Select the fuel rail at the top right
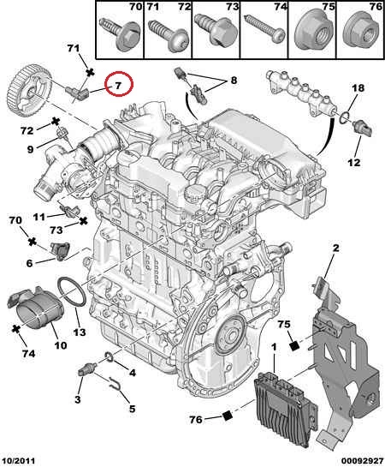pyautogui.click(x=301, y=93)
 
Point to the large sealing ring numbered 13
pyautogui.click(x=71, y=291)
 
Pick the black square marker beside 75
pyautogui.click(x=294, y=345)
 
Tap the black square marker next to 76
pyautogui.click(x=227, y=416)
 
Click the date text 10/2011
pyautogui.click(x=18, y=461)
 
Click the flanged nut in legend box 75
pyautogui.click(x=314, y=31)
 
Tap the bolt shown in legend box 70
pyautogui.click(x=121, y=33)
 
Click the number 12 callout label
pyautogui.click(x=354, y=163)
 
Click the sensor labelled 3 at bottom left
pyautogui.click(x=86, y=369)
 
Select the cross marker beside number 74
pyautogui.click(x=15, y=329)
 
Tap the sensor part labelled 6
pyautogui.click(x=61, y=251)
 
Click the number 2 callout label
pyautogui.click(x=335, y=248)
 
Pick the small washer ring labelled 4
pyautogui.click(x=110, y=356)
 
